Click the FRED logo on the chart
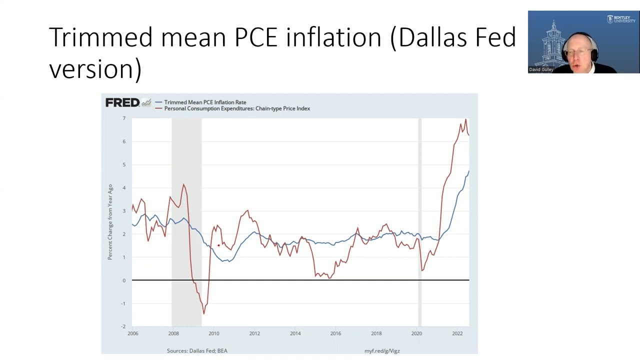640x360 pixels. tap(122, 102)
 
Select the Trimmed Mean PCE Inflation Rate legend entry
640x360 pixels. tap(205, 102)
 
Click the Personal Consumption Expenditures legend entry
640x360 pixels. tap(237, 108)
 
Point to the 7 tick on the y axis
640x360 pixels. tap(124, 118)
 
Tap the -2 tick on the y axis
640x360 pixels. tap(123, 326)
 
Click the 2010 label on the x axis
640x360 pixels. tap(214, 333)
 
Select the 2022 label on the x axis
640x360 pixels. tap(457, 333)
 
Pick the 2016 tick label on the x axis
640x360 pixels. tap(335, 333)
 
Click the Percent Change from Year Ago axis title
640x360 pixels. tap(110, 222)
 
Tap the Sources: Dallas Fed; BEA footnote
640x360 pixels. tap(197, 351)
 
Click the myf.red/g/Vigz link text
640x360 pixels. tap(382, 351)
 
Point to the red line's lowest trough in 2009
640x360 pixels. tap(203, 313)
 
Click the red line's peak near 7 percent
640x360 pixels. tap(465, 119)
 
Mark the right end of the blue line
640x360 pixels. tap(468, 171)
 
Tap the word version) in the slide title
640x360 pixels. tap(95, 68)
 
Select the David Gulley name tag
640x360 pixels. tap(541, 69)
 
